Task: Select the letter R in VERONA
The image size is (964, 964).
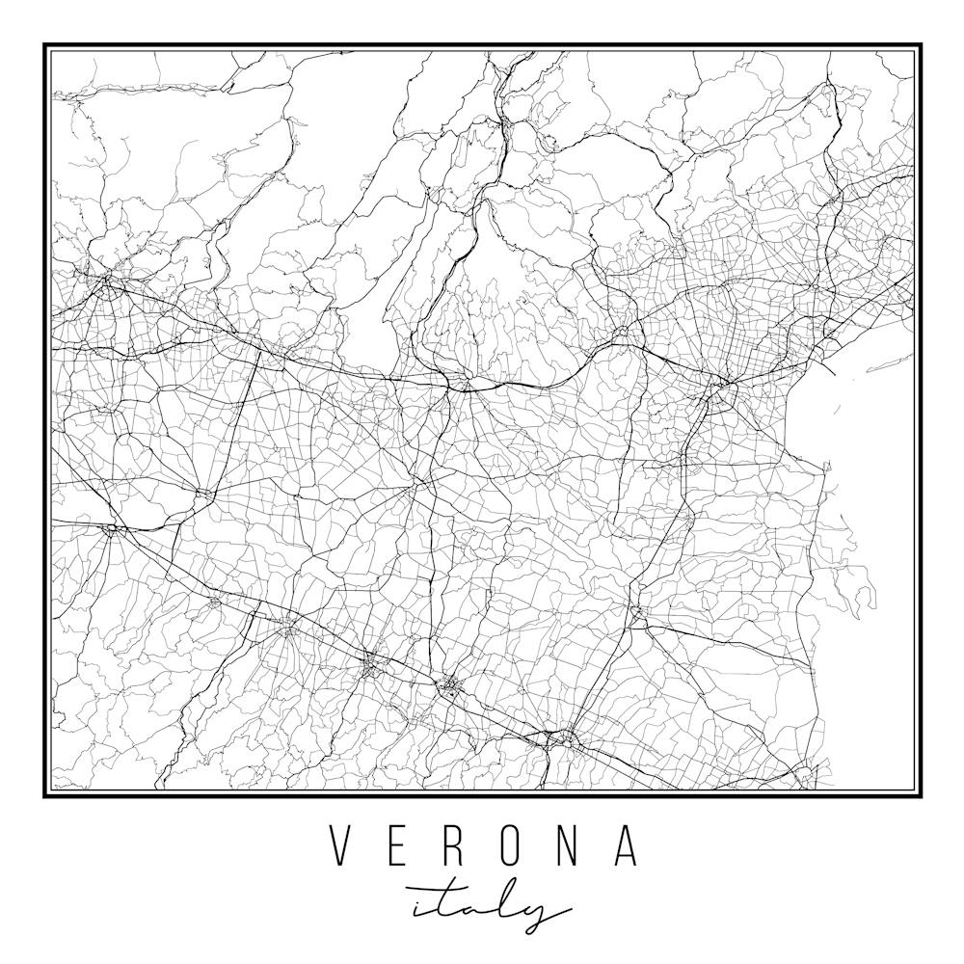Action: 457,845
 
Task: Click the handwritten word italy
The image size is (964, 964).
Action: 487,906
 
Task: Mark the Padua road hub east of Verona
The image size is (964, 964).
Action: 721,390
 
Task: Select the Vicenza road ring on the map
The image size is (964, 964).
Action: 625,335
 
